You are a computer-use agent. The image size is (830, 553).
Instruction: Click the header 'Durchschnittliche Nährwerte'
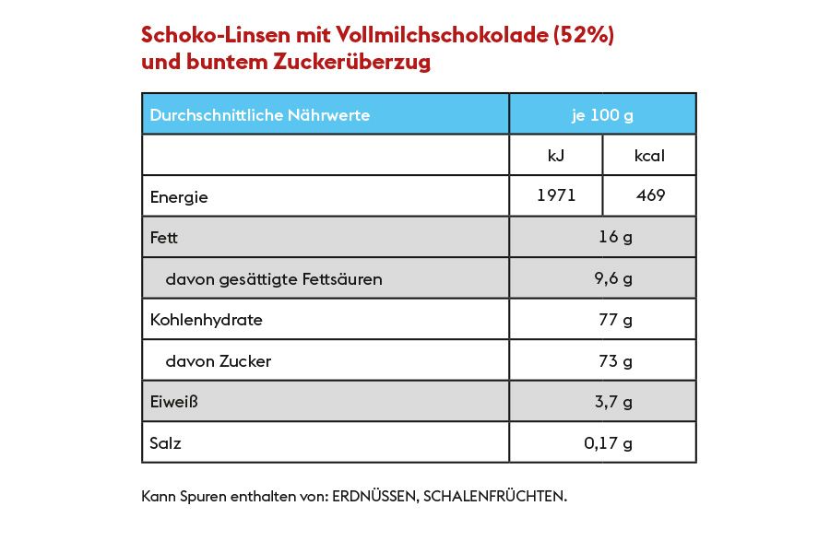[260, 115]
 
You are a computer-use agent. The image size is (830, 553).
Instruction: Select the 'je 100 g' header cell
[602, 115]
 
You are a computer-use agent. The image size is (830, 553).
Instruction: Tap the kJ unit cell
[556, 156]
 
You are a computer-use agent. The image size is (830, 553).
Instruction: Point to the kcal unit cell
[649, 156]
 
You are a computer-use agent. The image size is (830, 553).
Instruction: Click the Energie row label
[179, 196]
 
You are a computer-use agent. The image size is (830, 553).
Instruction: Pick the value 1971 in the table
[556, 195]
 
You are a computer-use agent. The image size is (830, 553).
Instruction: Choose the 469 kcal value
[649, 195]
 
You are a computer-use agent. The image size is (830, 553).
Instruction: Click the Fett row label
[164, 238]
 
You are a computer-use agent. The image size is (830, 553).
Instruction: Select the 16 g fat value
[615, 237]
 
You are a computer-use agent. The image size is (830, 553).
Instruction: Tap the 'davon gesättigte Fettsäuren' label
[273, 278]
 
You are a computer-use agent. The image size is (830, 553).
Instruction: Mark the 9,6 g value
[613, 278]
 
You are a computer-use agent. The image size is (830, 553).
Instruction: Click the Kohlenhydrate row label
[206, 320]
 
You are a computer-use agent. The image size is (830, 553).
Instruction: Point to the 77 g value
[615, 320]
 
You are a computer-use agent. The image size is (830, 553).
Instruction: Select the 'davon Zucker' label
[218, 361]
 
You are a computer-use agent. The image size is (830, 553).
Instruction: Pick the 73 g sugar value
[615, 361]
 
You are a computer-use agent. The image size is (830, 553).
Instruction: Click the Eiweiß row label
[174, 402]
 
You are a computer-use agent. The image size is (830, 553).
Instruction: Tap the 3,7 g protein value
[613, 402]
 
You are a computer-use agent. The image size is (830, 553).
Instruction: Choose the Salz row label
[166, 443]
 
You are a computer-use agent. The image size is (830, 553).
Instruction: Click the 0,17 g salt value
[609, 443]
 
